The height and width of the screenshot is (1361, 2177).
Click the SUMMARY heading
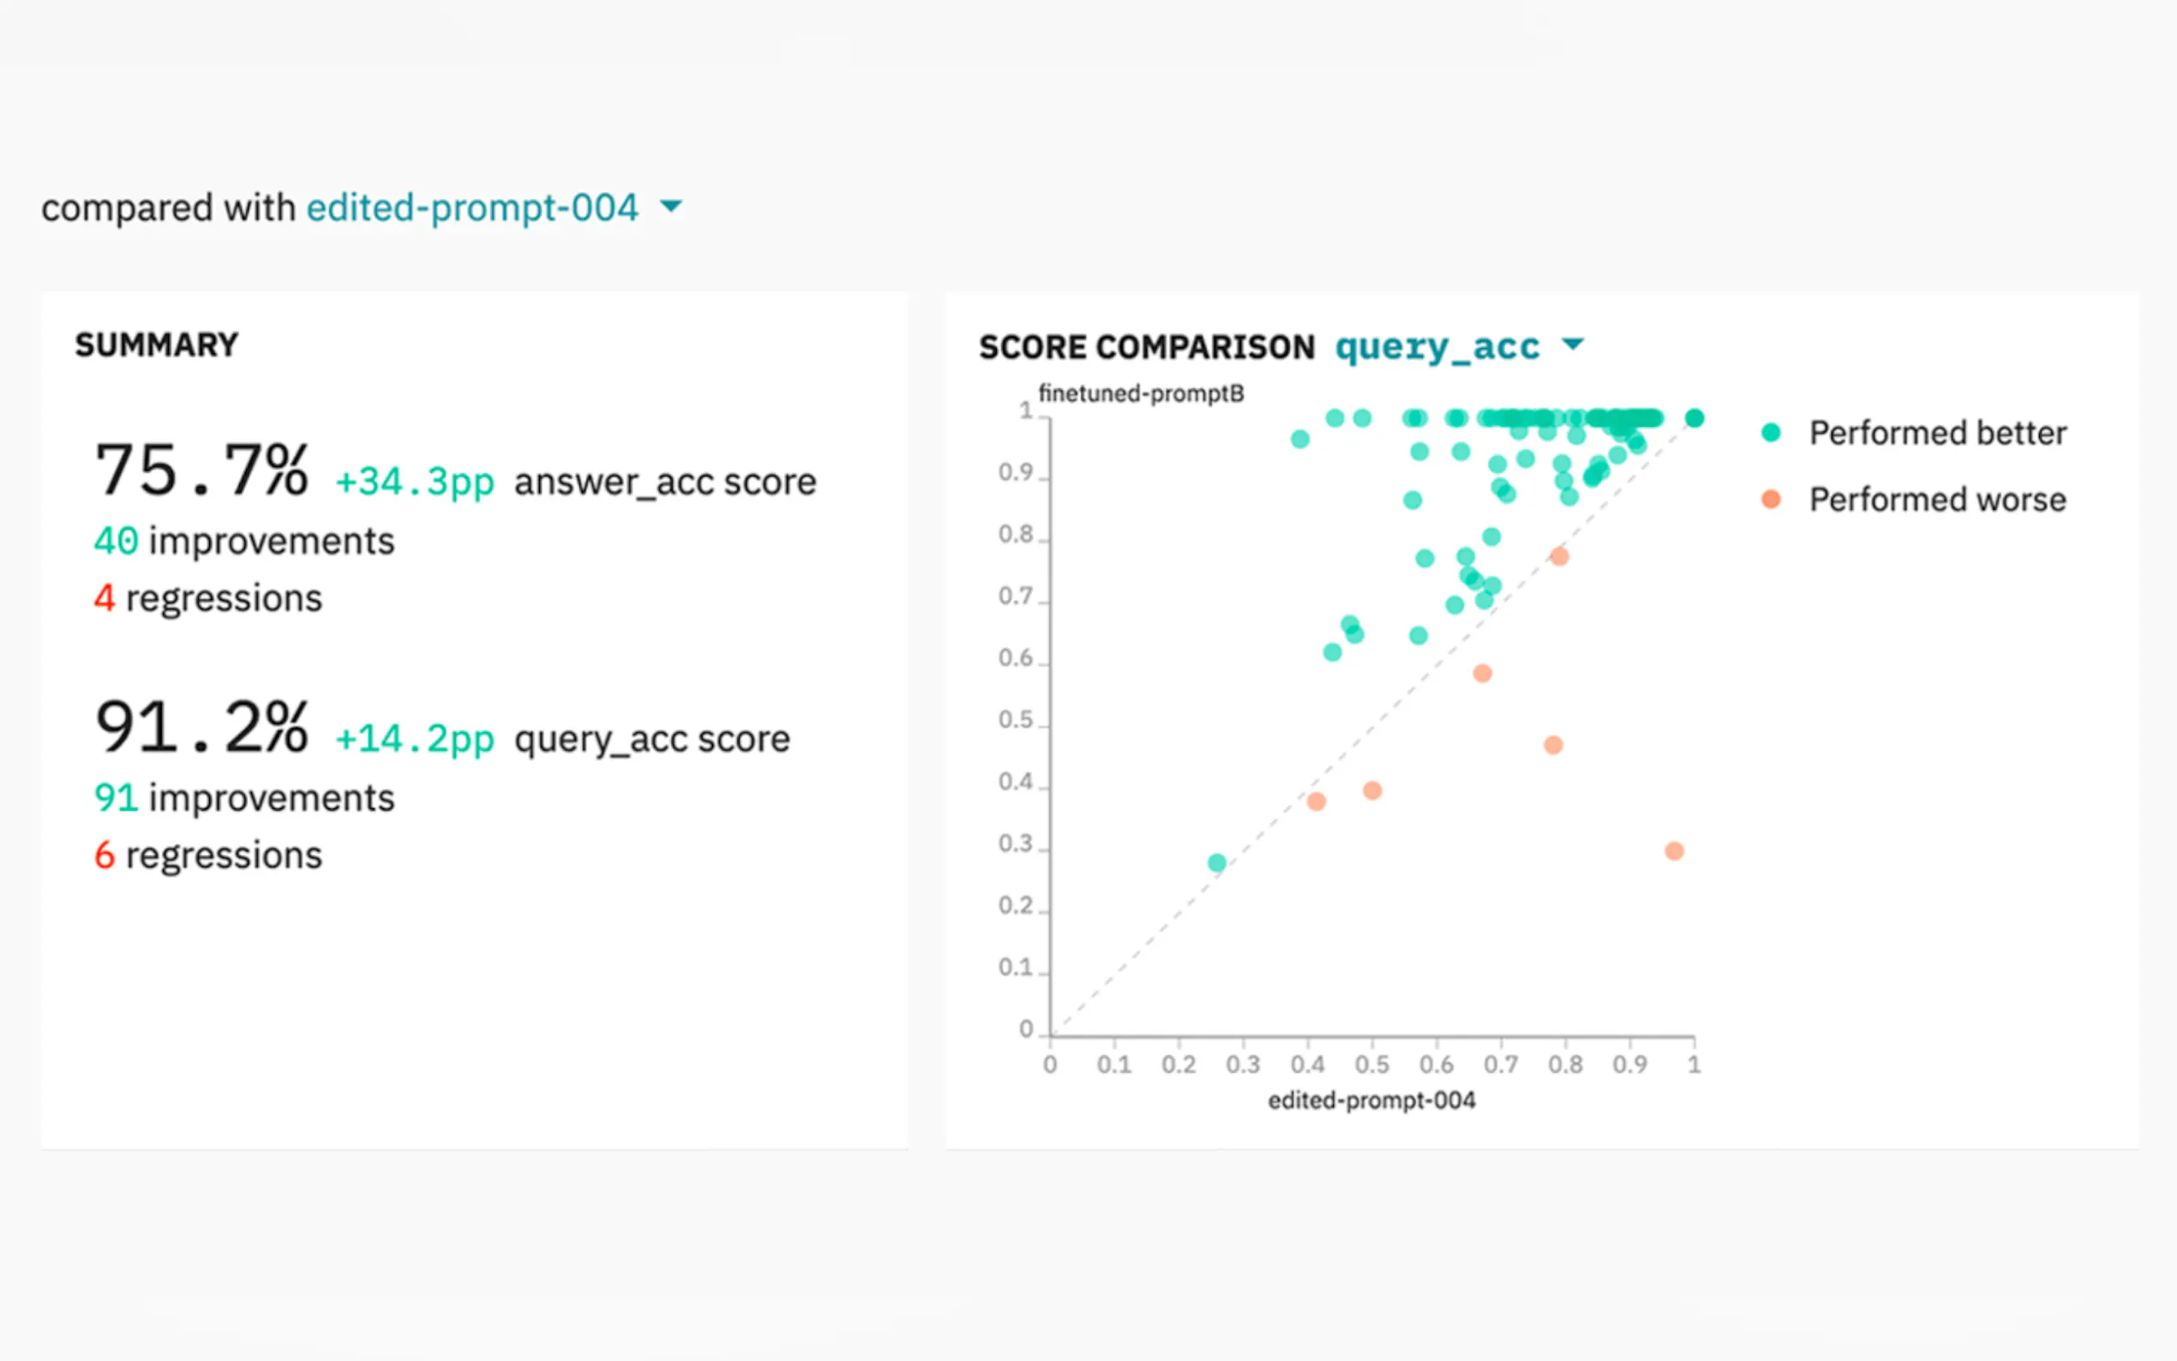[x=157, y=345]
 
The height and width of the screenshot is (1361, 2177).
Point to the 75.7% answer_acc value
[x=202, y=470]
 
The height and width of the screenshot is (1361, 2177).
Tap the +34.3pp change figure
[x=415, y=482]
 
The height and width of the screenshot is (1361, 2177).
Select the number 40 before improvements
[x=116, y=541]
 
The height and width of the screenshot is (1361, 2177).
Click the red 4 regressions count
[x=105, y=597]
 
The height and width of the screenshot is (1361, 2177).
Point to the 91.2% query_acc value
[x=202, y=727]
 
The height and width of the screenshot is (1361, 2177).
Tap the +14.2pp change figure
[x=415, y=739]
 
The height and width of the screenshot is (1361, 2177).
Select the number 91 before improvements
[x=116, y=798]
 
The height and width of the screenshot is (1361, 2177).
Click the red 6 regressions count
[x=105, y=855]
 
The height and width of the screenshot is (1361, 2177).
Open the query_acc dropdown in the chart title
[x=1458, y=346]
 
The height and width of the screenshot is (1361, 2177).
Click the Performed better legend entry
[x=1914, y=433]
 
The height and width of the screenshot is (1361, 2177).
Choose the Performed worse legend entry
[x=1914, y=500]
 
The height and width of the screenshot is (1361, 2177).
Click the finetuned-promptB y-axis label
[x=1141, y=393]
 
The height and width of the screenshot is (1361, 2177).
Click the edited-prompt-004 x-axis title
[x=1371, y=1100]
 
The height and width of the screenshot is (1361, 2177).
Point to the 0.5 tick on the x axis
[x=1371, y=1064]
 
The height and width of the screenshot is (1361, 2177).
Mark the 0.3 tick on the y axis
[x=1016, y=843]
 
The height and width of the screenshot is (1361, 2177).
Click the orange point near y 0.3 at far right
[x=1674, y=850]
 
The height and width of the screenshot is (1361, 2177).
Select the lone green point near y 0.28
[x=1217, y=862]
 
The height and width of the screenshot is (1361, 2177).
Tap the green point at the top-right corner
[x=1694, y=417]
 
